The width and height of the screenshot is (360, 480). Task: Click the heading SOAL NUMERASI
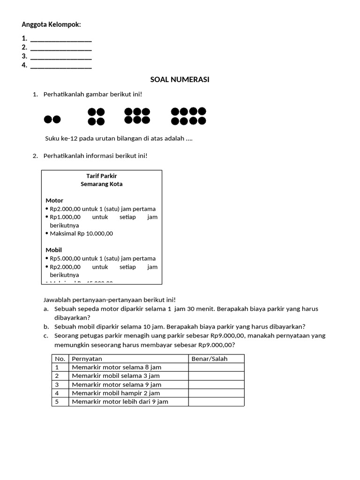pos(180,80)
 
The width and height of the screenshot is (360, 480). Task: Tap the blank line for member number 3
pos(61,57)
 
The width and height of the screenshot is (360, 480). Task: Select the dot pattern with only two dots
pos(52,120)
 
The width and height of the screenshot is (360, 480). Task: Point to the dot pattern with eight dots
pos(188,116)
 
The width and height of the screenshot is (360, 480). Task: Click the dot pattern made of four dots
pos(96,117)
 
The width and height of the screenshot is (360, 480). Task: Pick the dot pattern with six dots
pos(137,116)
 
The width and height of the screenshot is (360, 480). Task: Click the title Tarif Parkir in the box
pos(102,176)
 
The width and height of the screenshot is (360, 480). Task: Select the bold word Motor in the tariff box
pos(54,201)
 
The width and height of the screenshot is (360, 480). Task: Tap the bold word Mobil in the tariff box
pos(54,250)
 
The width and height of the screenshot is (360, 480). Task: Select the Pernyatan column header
pos(87,359)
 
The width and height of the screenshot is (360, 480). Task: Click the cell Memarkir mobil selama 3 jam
pos(116,375)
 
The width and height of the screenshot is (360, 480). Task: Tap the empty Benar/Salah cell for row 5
pos(216,402)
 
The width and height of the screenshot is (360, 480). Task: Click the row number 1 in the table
pos(57,367)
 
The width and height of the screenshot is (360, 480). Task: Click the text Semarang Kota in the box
pos(102,184)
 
